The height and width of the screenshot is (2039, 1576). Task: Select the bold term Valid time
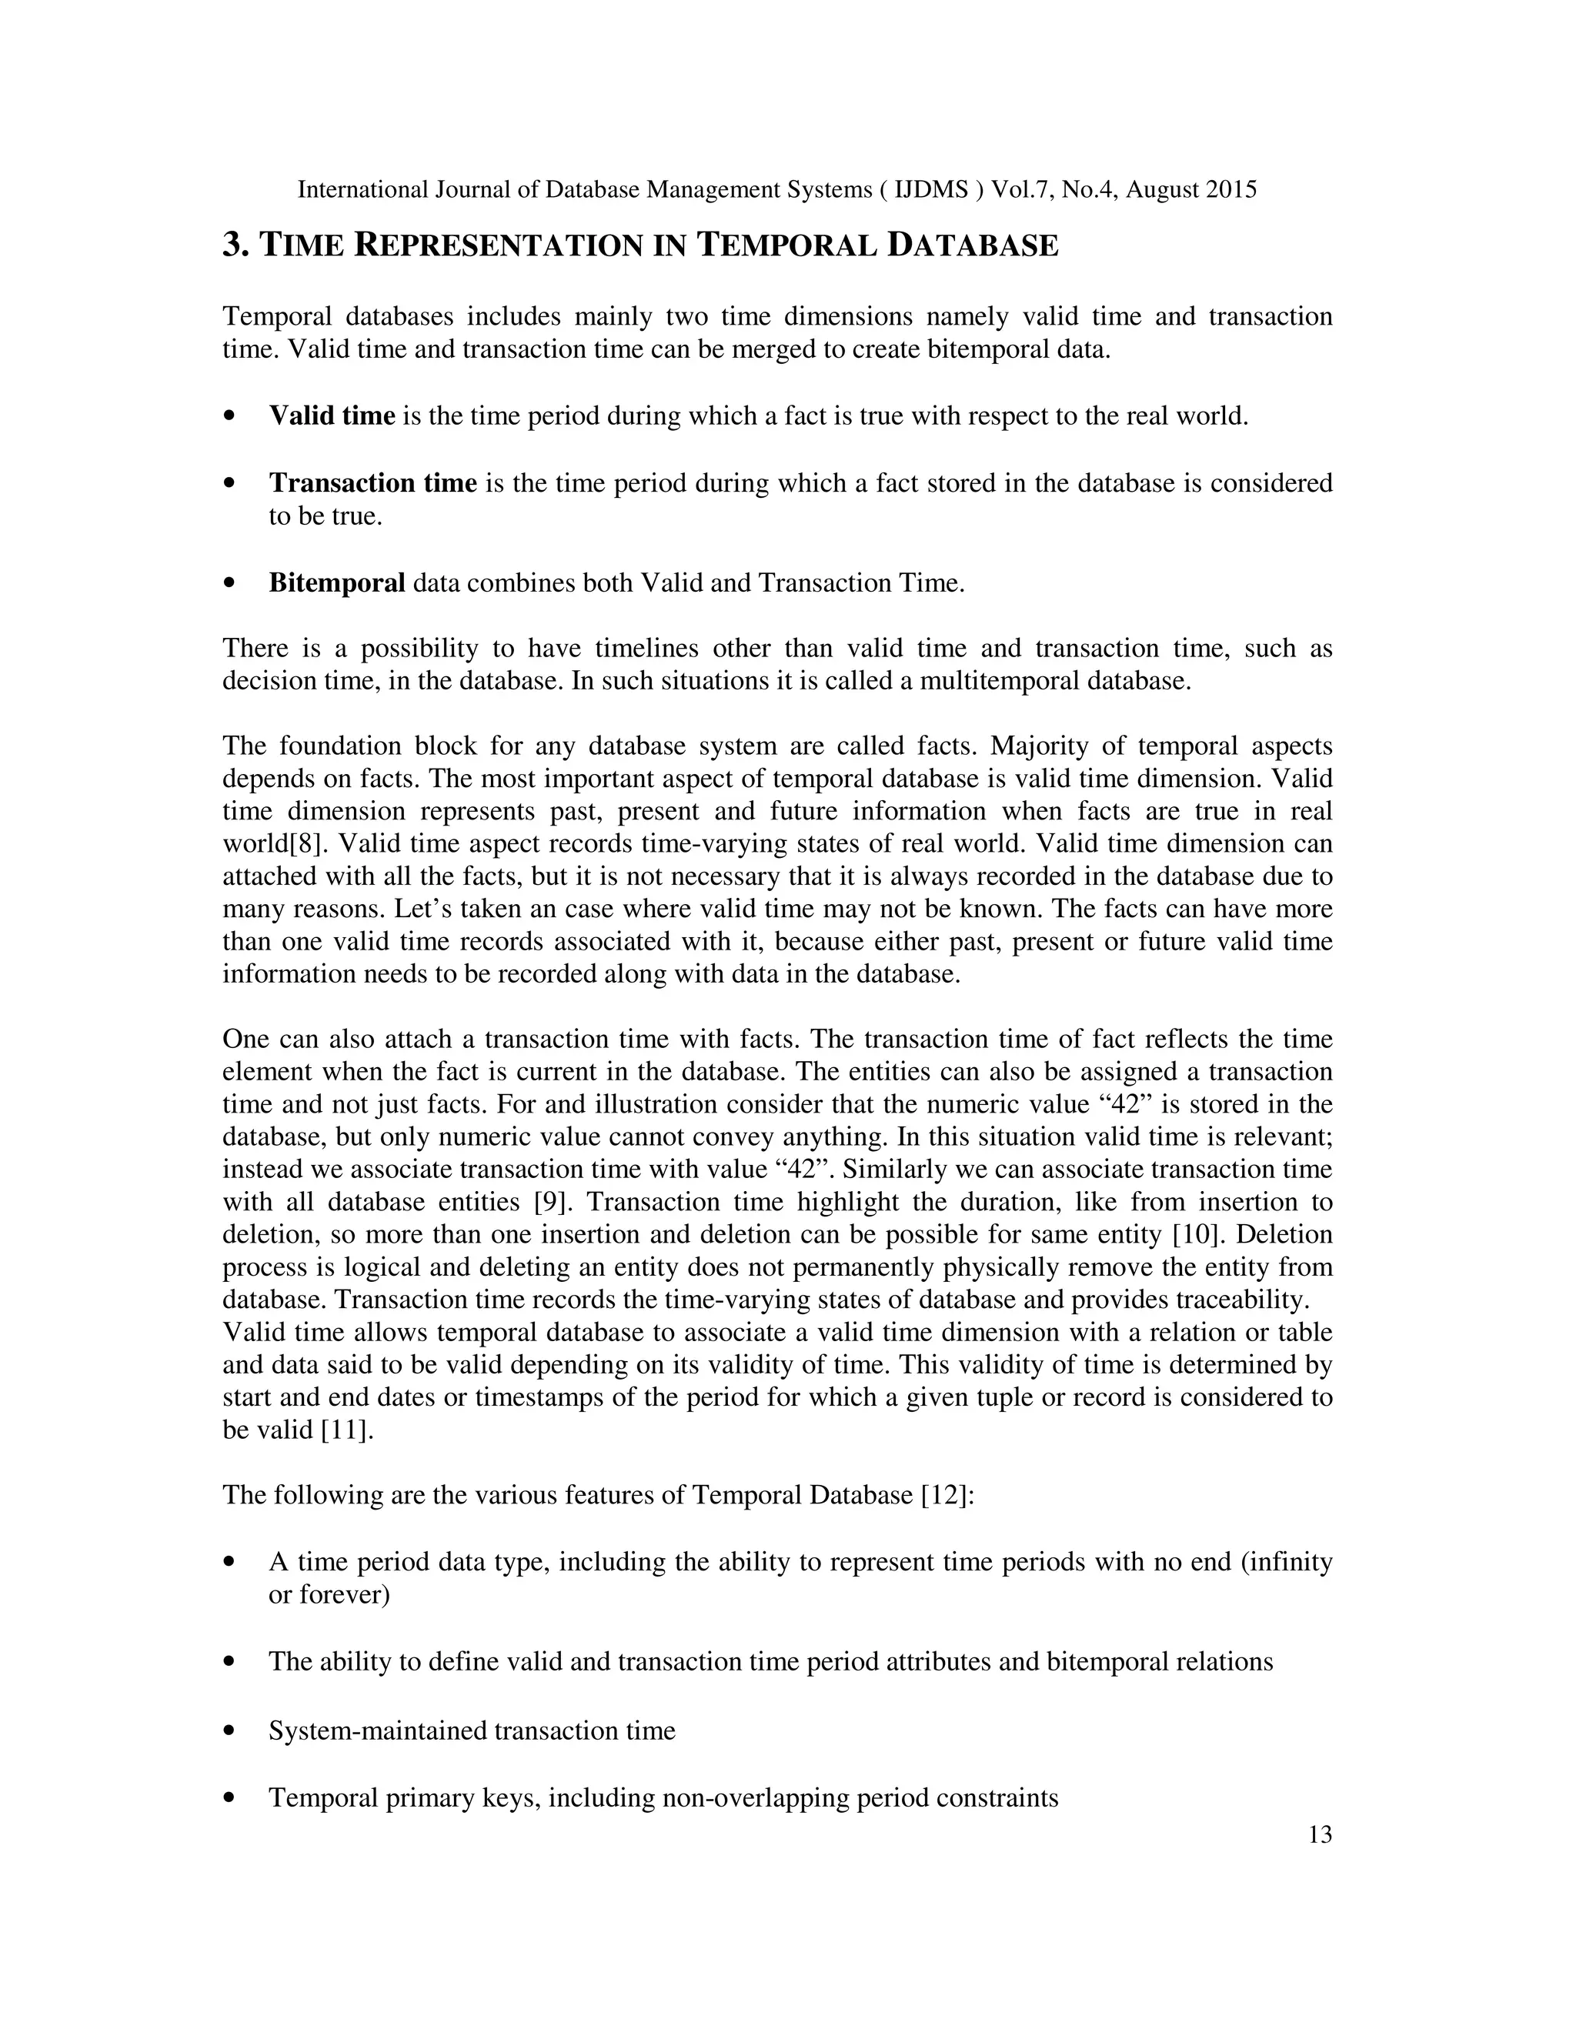pos(332,415)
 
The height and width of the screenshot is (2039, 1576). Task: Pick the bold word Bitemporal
pos(336,582)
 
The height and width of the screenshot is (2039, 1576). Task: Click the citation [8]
pos(309,844)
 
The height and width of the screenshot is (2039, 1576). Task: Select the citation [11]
pos(346,1430)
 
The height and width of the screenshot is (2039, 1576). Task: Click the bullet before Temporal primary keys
pos(229,1799)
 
